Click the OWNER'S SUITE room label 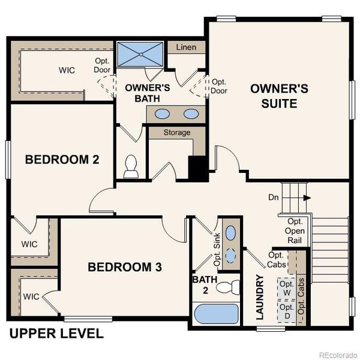pyautogui.click(x=279, y=96)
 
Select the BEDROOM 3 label pyautogui.click(x=125, y=267)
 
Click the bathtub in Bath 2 pyautogui.click(x=215, y=314)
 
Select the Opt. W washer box pyautogui.click(x=287, y=287)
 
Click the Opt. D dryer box pyautogui.click(x=287, y=311)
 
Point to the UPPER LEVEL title pyautogui.click(x=56, y=334)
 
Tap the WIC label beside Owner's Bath pyautogui.click(x=67, y=70)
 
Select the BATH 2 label pyautogui.click(x=202, y=286)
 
